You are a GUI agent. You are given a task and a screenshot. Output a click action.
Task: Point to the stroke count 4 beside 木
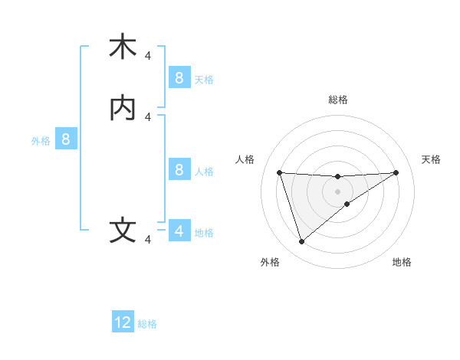[148, 55]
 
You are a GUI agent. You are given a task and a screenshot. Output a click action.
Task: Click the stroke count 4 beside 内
[148, 116]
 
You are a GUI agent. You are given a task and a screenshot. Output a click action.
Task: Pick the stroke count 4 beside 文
[148, 240]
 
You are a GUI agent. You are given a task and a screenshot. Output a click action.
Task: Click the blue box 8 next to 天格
[179, 77]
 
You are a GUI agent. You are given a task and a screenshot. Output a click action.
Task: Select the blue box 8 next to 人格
[179, 169]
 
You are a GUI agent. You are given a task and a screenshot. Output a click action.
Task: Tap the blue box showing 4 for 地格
[179, 231]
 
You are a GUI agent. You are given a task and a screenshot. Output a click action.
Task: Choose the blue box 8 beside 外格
[66, 139]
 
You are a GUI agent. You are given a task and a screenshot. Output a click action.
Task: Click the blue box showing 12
[123, 322]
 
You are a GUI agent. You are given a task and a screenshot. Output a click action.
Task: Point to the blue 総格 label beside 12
[147, 324]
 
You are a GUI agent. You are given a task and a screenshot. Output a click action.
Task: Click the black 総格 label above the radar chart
[337, 100]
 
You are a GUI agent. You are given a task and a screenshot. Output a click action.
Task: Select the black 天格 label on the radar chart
[431, 159]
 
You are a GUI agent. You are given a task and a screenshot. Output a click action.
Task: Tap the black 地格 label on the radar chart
[402, 262]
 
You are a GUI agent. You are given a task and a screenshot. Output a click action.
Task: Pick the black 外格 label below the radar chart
[270, 262]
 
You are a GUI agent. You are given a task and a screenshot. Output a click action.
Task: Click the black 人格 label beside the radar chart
[245, 159]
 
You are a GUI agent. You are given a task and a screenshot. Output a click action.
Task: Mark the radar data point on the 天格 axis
[396, 172]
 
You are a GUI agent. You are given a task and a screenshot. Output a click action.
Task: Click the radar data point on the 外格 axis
[301, 242]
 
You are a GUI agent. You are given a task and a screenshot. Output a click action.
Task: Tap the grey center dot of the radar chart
[337, 191]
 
